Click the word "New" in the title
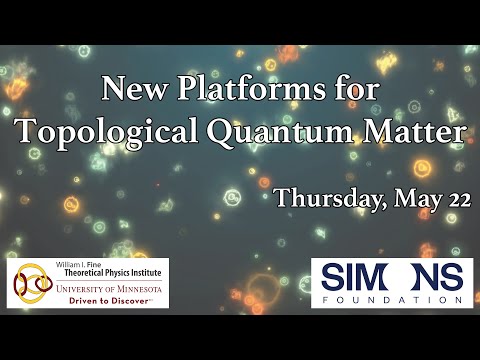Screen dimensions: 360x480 pos(129,91)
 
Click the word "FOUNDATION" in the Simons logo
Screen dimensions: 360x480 pos(397,299)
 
